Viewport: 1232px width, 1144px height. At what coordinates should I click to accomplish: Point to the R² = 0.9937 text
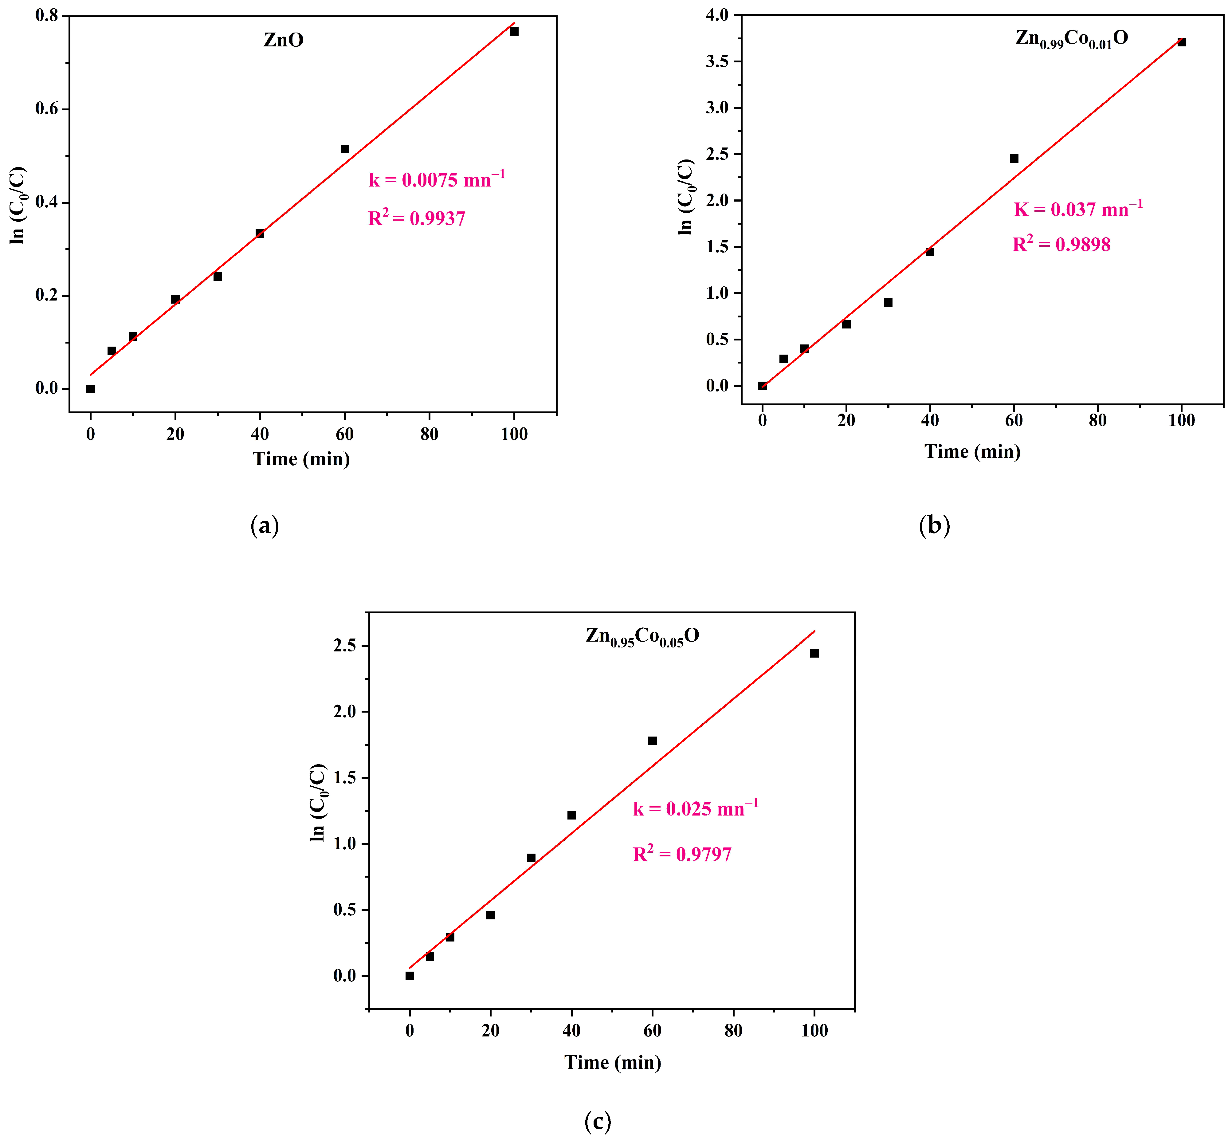click(x=417, y=218)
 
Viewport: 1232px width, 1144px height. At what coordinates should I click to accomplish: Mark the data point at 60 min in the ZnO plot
click(x=345, y=149)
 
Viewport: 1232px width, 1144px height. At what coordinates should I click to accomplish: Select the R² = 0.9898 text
click(x=1061, y=244)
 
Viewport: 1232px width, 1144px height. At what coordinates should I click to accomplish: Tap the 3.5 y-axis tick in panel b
click(x=718, y=61)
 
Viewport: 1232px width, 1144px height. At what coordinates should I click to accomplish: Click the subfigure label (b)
click(x=934, y=525)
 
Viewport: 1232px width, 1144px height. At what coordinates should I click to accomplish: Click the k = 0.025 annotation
click(x=695, y=808)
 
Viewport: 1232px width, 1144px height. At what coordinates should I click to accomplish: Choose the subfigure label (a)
click(x=265, y=525)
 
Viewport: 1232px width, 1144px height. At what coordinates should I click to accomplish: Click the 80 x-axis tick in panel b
click(x=1098, y=421)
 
